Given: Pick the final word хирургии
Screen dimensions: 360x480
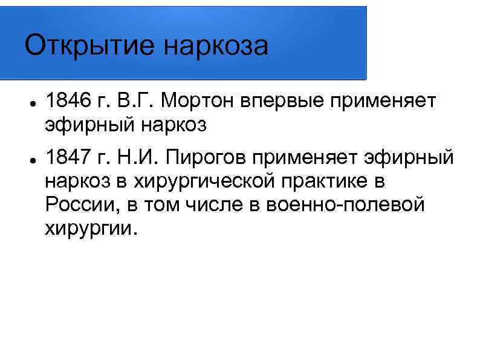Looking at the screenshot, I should [x=91, y=228].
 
